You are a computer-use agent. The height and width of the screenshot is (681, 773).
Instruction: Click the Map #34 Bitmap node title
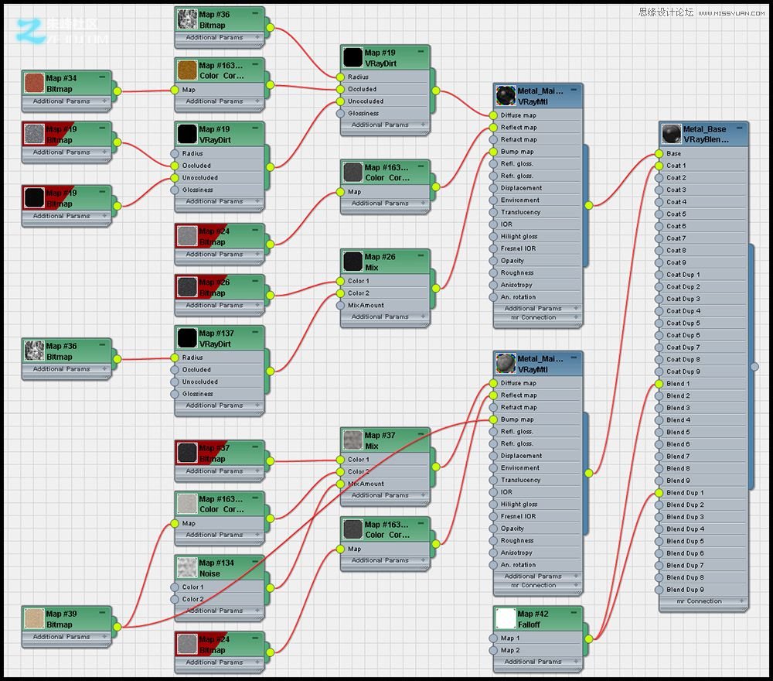[x=61, y=84]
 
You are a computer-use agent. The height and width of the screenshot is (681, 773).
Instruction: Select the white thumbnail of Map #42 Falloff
[x=506, y=618]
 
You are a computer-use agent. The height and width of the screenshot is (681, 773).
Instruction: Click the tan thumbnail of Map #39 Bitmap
[x=33, y=618]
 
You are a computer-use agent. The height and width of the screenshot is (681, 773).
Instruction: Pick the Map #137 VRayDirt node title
[x=216, y=338]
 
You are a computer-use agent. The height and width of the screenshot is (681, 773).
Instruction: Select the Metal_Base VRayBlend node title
[x=704, y=134]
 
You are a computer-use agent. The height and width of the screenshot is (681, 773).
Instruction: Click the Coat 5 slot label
[x=676, y=214]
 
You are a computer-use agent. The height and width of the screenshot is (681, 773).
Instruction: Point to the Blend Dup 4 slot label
[x=685, y=529]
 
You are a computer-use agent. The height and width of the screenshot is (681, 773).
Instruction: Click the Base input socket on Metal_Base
[x=659, y=153]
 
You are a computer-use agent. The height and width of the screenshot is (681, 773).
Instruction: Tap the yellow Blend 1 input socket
[x=659, y=384]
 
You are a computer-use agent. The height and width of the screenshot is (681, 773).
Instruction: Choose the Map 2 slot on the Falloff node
[x=510, y=650]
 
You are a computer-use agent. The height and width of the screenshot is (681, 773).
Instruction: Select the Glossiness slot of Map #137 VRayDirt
[x=198, y=394]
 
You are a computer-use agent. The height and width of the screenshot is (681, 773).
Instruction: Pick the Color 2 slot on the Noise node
[x=192, y=599]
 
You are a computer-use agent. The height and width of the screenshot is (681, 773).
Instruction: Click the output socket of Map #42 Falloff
[x=589, y=638]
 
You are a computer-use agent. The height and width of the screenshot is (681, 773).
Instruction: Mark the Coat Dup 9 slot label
[x=683, y=371]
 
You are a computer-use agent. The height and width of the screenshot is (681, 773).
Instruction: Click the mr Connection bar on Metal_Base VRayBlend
[x=700, y=601]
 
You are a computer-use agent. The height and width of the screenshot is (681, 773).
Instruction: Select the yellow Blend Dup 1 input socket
[x=659, y=493]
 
